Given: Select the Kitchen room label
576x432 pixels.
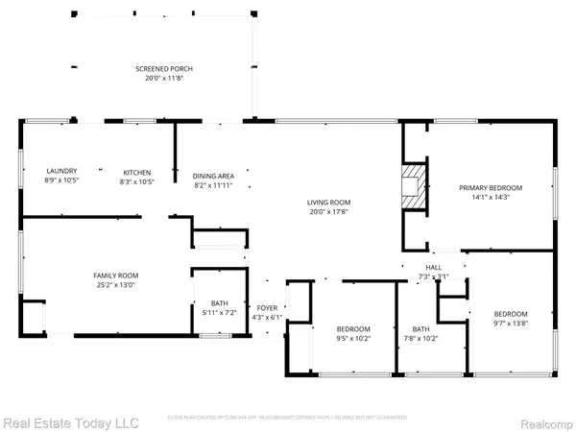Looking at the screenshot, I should pos(137,172).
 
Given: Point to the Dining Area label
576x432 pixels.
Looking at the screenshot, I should pos(213,176).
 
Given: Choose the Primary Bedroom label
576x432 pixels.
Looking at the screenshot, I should pos(491,187).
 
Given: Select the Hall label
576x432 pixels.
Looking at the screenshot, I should pos(433,269).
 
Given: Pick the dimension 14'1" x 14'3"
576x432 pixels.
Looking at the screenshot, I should pos(491,198).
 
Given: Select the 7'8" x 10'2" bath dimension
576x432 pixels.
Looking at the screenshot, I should pos(420,338).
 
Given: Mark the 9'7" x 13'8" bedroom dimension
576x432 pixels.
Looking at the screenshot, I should pos(511,324).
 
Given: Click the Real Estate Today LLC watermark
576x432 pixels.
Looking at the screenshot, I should pos(70,421).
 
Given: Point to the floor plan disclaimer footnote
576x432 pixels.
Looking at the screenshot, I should pos(287,417).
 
